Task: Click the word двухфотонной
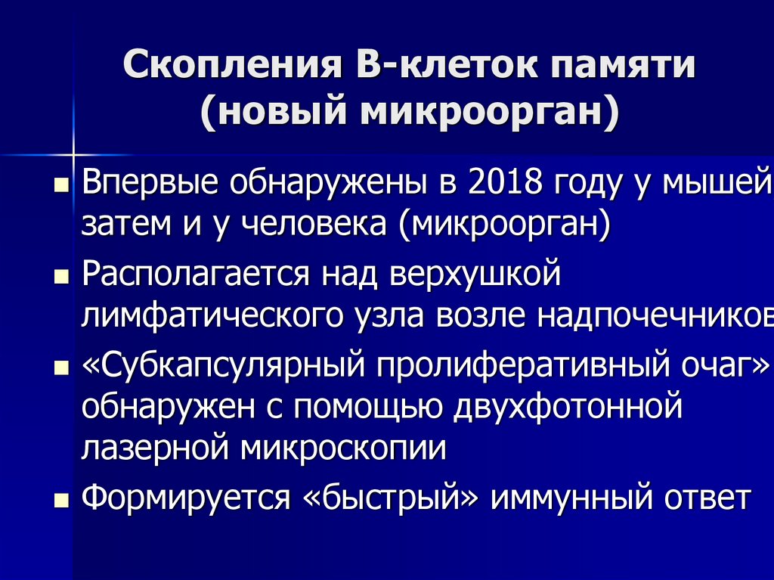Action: coord(568,408)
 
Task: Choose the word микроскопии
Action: coord(344,449)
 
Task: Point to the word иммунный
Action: coord(565,498)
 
